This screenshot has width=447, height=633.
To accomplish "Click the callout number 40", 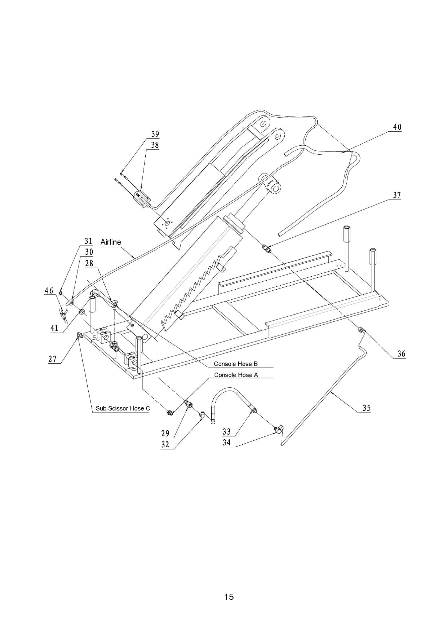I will pyautogui.click(x=397, y=127).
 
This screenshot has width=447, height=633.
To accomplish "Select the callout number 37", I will pyautogui.click(x=397, y=195).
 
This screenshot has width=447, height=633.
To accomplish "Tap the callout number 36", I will pyautogui.click(x=401, y=354).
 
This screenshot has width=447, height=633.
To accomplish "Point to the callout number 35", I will pyautogui.click(x=366, y=408).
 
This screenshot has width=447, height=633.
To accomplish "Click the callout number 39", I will pyautogui.click(x=155, y=134).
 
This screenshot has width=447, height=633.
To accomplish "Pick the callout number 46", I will pyautogui.click(x=49, y=291).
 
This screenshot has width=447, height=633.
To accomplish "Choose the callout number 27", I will pyautogui.click(x=53, y=359).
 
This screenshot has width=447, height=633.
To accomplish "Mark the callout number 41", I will pyautogui.click(x=54, y=328).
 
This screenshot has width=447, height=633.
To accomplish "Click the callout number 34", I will pyautogui.click(x=226, y=443).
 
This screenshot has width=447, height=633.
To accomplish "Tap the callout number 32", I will pyautogui.click(x=165, y=444).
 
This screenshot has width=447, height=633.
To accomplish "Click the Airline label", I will pyautogui.click(x=111, y=242).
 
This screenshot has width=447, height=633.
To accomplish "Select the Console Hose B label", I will pyautogui.click(x=236, y=364).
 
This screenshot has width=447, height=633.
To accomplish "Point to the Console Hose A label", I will pyautogui.click(x=236, y=375).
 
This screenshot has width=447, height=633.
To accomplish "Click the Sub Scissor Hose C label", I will pyautogui.click(x=123, y=408).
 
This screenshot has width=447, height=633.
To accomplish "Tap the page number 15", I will pyautogui.click(x=229, y=597).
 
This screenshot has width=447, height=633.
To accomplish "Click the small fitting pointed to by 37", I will pyautogui.click(x=267, y=248).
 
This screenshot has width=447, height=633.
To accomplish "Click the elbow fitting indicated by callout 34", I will pyautogui.click(x=278, y=429).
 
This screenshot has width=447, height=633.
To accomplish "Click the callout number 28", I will pyautogui.click(x=89, y=264).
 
